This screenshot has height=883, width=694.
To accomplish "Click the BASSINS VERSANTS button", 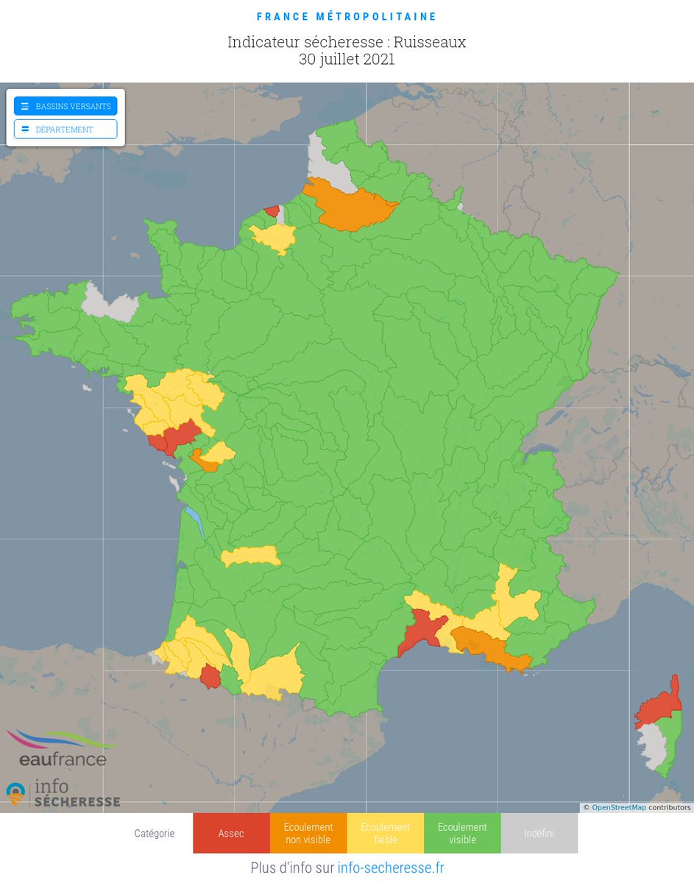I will tap(65, 106).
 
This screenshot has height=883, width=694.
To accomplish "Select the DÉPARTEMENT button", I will tap(65, 130).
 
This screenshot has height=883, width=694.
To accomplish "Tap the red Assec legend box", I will tap(231, 833).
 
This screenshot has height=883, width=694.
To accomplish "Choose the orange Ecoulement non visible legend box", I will tap(308, 833).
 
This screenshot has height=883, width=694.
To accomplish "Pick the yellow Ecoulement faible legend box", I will tap(385, 833).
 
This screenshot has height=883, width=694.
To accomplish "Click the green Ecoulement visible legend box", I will tap(462, 833).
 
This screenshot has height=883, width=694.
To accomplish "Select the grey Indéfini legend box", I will tap(539, 833).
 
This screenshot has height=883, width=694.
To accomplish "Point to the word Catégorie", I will tap(155, 833).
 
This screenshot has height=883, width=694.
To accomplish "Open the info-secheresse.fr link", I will tap(390, 868).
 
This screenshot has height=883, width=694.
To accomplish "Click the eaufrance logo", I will tap(62, 749).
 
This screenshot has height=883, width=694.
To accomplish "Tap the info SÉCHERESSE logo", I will tap(63, 794).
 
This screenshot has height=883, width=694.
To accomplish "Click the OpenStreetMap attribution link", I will tap(618, 807).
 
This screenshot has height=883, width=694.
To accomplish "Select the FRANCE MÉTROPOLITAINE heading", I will tap(347, 16).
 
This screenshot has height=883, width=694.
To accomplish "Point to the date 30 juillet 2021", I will tap(347, 60).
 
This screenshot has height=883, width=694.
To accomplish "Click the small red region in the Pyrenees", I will tap(210, 676).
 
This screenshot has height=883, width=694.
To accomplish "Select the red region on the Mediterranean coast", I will tap(419, 632).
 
